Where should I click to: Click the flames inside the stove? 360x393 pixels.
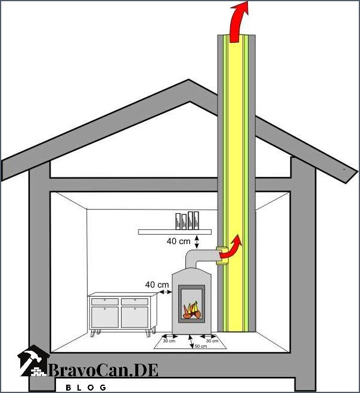(192, 310)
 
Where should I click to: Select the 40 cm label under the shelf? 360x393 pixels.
(178, 241)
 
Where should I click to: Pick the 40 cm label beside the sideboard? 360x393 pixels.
(157, 285)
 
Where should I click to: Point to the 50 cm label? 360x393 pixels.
(201, 346)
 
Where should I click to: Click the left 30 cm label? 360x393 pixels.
(169, 341)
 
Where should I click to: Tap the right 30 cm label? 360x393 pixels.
(212, 341)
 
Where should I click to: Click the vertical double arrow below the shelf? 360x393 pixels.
(197, 242)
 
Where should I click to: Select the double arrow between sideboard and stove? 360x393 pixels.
(165, 292)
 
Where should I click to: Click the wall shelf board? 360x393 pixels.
(175, 232)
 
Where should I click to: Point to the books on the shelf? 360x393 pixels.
(187, 220)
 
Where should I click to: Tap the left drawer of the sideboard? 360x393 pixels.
(105, 301)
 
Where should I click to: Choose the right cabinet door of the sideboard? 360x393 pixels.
(135, 317)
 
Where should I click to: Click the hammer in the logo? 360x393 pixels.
(32, 356)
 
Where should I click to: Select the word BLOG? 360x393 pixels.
(86, 388)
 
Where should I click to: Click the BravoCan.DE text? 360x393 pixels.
(103, 370)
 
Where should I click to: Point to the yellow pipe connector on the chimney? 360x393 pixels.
(222, 255)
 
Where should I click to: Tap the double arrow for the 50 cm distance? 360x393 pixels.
(191, 341)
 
